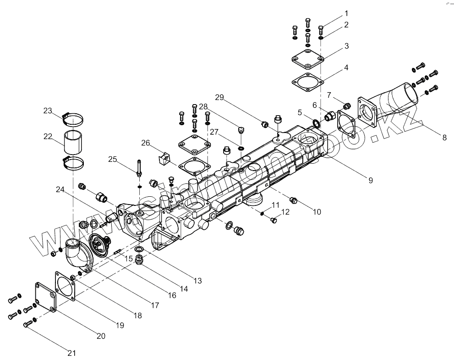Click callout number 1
tap(346, 13)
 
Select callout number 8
tap(444, 137)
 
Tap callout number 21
tap(71, 353)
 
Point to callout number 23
tap(48, 111)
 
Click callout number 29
tap(219, 97)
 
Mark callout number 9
tap(370, 180)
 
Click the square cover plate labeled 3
tap(308, 60)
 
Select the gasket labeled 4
tap(308, 82)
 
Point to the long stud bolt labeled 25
tap(138, 169)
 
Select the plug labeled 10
tap(294, 200)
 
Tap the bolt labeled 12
tap(274, 221)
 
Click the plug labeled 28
tap(241, 131)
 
